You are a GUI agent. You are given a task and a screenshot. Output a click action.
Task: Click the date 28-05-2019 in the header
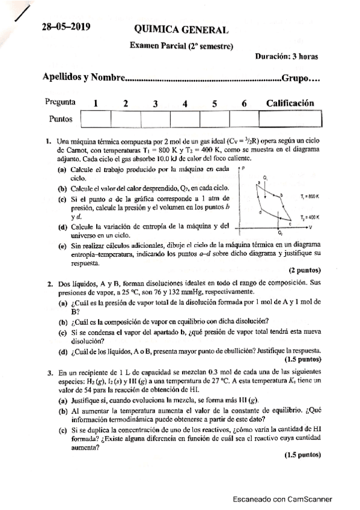coord(65,28)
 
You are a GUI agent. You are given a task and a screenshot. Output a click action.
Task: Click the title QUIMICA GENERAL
coord(181,29)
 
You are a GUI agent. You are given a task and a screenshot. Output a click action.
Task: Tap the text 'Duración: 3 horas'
coord(286,57)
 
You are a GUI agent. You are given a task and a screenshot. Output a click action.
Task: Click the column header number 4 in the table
coord(185,103)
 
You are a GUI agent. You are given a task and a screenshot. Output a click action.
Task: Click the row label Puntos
coord(61,119)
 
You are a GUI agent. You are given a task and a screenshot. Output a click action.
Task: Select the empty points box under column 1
coord(95,119)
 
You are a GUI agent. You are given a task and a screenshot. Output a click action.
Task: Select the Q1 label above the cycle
coord(265,178)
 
